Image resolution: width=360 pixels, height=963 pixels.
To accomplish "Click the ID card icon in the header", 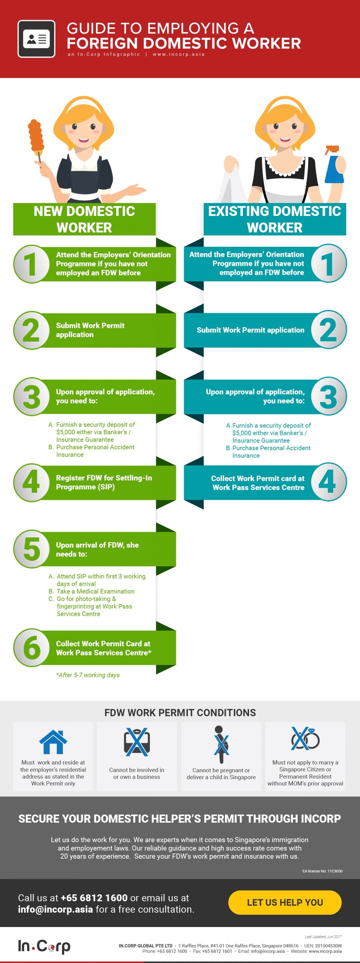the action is pyautogui.click(x=36, y=39).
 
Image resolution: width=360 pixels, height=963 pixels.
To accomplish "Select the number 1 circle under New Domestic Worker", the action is pyautogui.click(x=32, y=264).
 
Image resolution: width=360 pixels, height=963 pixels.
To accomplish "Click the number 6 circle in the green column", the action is pyautogui.click(x=32, y=648).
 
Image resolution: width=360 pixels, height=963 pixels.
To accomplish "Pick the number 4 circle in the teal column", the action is pyautogui.click(x=328, y=481).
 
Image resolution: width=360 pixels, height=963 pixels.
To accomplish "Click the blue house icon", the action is pyautogui.click(x=53, y=742).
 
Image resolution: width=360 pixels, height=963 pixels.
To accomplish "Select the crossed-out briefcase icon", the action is pyautogui.click(x=137, y=742).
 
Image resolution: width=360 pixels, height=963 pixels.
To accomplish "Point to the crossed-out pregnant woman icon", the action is pyautogui.click(x=221, y=744).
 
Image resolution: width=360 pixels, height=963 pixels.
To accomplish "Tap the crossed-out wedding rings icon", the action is pyautogui.click(x=305, y=738).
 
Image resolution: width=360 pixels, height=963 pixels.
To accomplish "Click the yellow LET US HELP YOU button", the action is pyautogui.click(x=285, y=902).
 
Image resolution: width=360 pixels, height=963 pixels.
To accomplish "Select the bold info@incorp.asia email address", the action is pyautogui.click(x=55, y=909).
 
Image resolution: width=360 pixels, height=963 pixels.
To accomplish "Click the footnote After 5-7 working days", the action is pyautogui.click(x=88, y=675).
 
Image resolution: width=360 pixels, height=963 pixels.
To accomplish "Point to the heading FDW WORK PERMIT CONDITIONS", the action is pyautogui.click(x=180, y=712).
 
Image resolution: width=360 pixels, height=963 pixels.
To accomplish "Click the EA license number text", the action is pyautogui.click(x=322, y=871).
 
